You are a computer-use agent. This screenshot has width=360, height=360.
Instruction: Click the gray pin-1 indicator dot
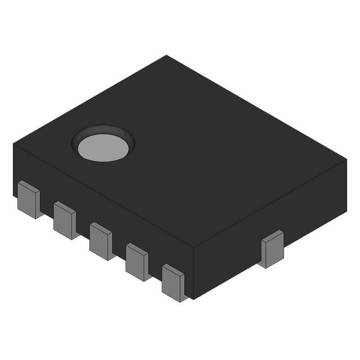[x=102, y=148]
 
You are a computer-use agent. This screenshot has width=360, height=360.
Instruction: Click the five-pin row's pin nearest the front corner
[x=173, y=283]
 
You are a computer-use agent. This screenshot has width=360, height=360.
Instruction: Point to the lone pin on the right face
[x=272, y=249]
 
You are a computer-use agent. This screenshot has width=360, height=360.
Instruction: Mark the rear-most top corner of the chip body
[x=166, y=55]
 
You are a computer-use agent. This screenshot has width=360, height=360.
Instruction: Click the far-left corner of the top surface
[x=13, y=143]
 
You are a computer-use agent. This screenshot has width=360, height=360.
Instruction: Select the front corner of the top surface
[x=193, y=247]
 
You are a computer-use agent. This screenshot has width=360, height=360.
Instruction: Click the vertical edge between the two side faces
[x=193, y=273]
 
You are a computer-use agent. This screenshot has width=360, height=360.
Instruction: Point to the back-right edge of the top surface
[x=256, y=107]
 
